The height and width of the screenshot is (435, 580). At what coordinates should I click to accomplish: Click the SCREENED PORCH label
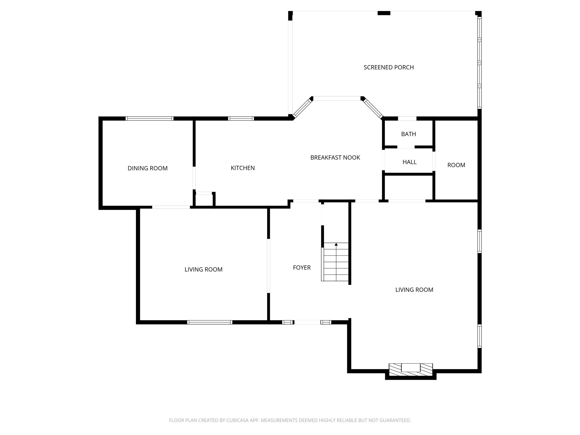pos(389,67)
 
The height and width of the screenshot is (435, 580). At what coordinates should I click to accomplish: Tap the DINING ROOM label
pos(148,168)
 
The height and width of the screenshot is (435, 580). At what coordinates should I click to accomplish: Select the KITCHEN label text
pos(243,168)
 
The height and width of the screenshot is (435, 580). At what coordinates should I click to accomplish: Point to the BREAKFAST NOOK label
pos(335,157)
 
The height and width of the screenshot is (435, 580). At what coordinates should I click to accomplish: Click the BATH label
pos(408,134)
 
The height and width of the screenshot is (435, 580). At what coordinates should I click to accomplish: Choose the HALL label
pos(410,162)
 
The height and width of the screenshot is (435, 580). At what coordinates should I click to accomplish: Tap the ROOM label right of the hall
pos(456,165)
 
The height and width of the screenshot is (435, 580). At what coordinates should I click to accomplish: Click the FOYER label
pos(302,268)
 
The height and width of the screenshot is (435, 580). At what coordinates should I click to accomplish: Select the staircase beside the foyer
pos(336,262)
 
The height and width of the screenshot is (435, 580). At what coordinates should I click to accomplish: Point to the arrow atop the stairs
pos(336,244)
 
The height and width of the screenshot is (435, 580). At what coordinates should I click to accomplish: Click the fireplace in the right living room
pos(411,370)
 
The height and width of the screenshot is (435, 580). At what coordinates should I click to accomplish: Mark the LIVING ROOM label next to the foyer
pos(203,270)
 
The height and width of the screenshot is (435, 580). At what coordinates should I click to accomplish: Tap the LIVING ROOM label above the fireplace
pos(414,290)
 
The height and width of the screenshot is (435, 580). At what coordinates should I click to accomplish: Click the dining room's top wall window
pos(150,119)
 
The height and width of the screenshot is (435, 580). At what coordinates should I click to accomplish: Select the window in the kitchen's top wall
pos(241,119)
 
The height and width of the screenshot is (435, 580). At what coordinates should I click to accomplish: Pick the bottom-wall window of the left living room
pos(210,322)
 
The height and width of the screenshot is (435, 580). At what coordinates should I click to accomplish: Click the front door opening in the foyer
pos(307,322)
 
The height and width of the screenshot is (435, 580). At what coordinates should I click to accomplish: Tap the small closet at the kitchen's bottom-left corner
pos(204,200)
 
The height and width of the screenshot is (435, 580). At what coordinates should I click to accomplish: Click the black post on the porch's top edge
pos(384,13)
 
